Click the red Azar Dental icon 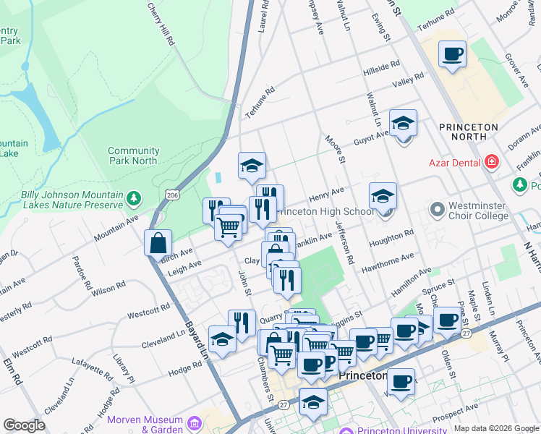pyautogui.click(x=493, y=162)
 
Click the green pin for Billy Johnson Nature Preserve pyautogui.click(x=133, y=198)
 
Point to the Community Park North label pyautogui.click(x=132, y=156)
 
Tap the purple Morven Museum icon pyautogui.click(x=194, y=422)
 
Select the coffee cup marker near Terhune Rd pyautogui.click(x=452, y=54)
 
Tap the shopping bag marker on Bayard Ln pyautogui.click(x=158, y=244)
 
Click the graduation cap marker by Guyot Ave pyautogui.click(x=403, y=123)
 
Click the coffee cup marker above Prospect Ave pyautogui.click(x=401, y=380)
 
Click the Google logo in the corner pyautogui.click(x=24, y=425)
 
